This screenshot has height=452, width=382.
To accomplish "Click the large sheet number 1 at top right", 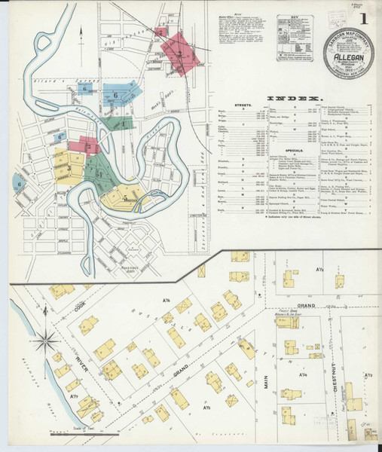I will click(x=364, y=17).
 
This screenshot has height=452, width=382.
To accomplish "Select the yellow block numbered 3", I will click(x=70, y=167).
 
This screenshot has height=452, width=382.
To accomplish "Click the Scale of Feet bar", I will click(x=64, y=434).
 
